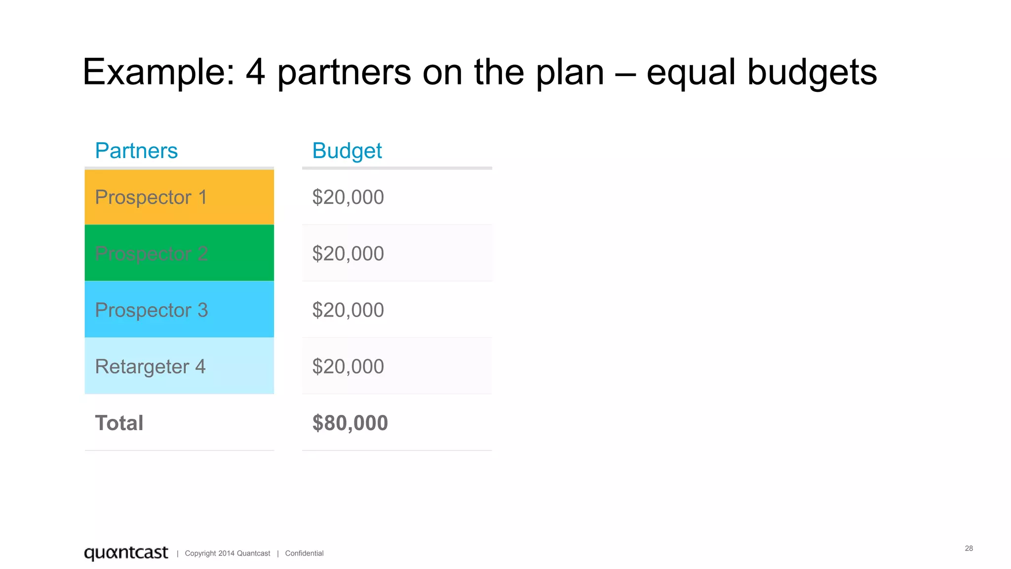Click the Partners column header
pos(136,151)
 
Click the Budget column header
pos(347,151)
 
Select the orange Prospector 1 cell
pos(179,197)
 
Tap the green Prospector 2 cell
pos(179,253)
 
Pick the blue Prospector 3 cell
pos(179,310)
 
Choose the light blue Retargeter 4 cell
pos(179,366)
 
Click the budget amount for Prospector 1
pos(348,197)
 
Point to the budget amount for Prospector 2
pos(348,253)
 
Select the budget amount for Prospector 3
pos(348,310)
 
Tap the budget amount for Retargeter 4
pos(348,366)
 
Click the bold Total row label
pos(119,423)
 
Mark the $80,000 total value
pos(350,423)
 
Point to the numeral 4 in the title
pos(255,72)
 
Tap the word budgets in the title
pos(812,72)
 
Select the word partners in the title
pos(344,72)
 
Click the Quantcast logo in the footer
pos(126,553)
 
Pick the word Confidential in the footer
pos(304,553)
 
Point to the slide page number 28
pos(969,548)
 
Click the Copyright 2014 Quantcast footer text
pos(228,553)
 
